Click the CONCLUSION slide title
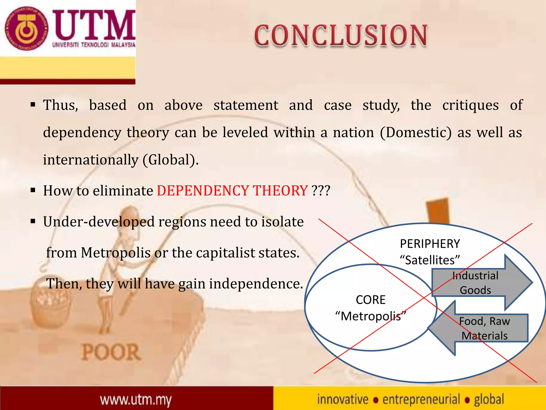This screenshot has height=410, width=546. point(341,36)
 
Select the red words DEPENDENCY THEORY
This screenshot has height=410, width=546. point(232,191)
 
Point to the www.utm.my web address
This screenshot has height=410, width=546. point(136,400)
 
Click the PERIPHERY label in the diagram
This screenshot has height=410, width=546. point(430,244)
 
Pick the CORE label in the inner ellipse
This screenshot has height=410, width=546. point(371,300)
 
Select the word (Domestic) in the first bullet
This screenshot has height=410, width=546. point(416,133)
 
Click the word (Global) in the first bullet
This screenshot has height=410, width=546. point(171,160)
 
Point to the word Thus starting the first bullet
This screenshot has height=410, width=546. point(61,105)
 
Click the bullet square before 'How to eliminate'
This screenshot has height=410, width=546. point(33,191)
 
